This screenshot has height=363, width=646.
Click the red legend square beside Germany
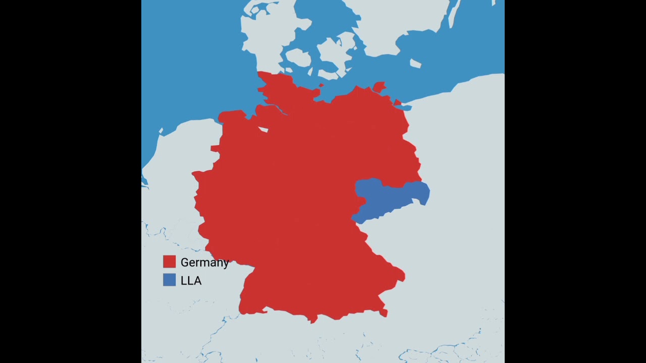point(169,262)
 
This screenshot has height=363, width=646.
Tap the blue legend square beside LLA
point(169,280)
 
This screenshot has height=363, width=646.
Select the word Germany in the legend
point(204,262)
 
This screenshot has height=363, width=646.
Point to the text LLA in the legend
point(191,280)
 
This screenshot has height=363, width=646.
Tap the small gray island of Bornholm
point(415,64)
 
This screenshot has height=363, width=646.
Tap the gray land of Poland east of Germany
point(464,166)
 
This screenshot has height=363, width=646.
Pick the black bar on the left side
point(71,181)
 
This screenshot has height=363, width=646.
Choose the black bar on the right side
point(575,181)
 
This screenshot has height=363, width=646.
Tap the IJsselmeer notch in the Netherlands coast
point(161,132)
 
